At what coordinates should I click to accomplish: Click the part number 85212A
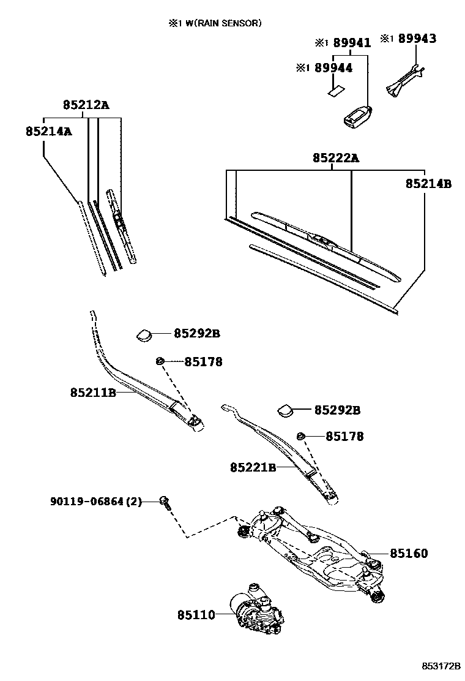point(85,105)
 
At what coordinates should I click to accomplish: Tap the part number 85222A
point(335,158)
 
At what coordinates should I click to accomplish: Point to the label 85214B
point(428,183)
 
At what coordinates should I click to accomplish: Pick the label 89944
point(333,68)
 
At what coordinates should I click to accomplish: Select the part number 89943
point(417,39)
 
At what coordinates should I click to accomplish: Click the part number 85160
point(409,554)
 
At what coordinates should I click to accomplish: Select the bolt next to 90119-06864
point(164,502)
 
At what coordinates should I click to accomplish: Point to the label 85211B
point(93,392)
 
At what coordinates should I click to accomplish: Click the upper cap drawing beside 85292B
point(144,334)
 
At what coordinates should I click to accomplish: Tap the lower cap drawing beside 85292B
point(285,410)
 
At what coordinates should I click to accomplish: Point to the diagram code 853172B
point(439,666)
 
